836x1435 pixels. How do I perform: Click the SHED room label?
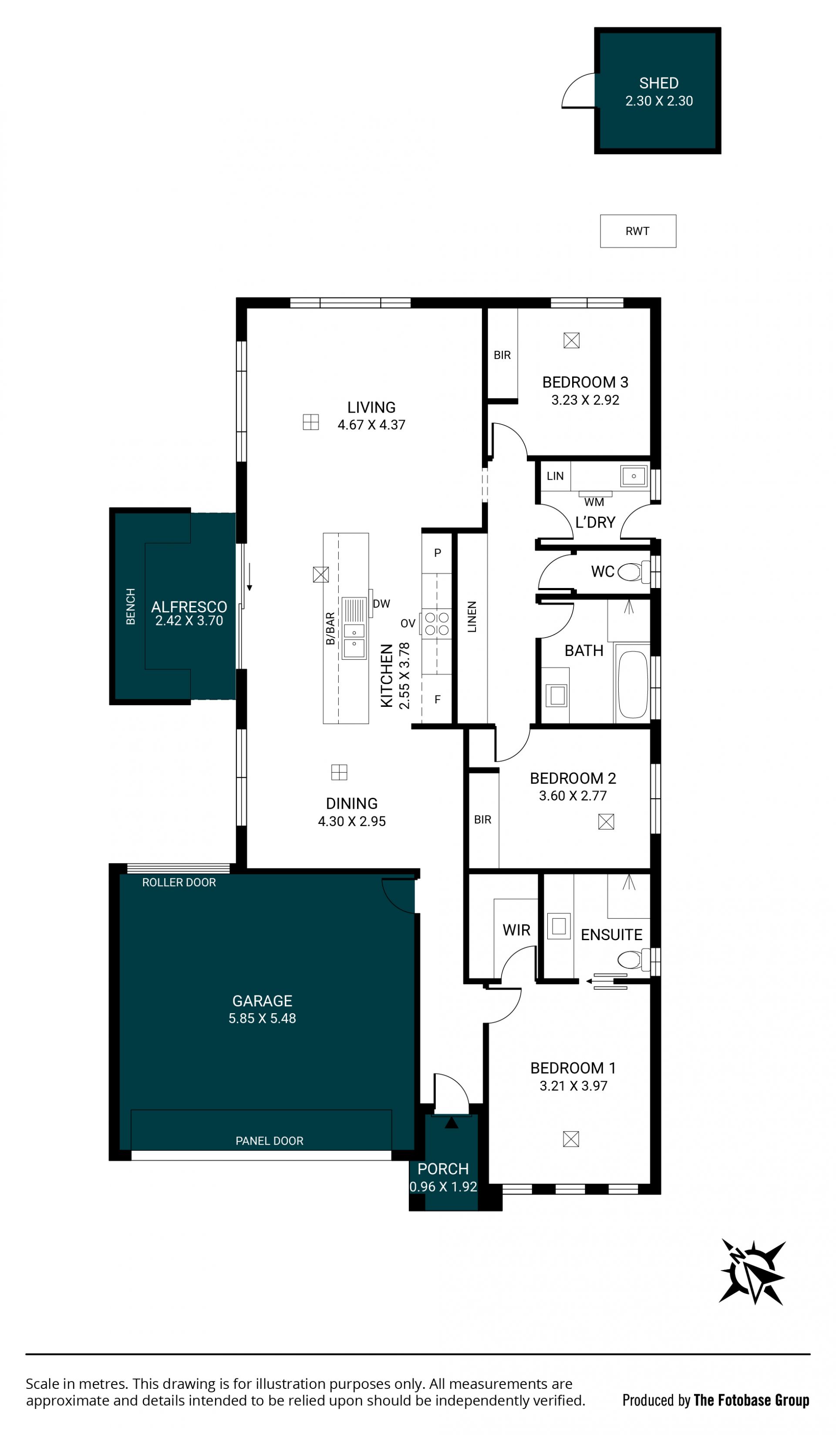(x=659, y=83)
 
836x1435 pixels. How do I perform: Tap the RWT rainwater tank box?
(x=638, y=231)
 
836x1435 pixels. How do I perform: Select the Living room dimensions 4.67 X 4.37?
(x=371, y=425)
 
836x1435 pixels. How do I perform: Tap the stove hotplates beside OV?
(x=437, y=624)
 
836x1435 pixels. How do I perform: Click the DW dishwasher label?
(x=381, y=604)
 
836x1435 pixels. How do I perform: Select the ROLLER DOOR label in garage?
(x=179, y=883)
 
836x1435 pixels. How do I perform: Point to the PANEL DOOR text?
(x=270, y=1141)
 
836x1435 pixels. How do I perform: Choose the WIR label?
(x=516, y=931)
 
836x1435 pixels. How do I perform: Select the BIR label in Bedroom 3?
(x=502, y=355)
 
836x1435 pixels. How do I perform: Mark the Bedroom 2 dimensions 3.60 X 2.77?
(x=573, y=796)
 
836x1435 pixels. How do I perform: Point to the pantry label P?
(x=437, y=553)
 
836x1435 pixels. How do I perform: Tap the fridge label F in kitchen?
(x=437, y=699)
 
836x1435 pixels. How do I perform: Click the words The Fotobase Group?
(x=751, y=1400)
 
